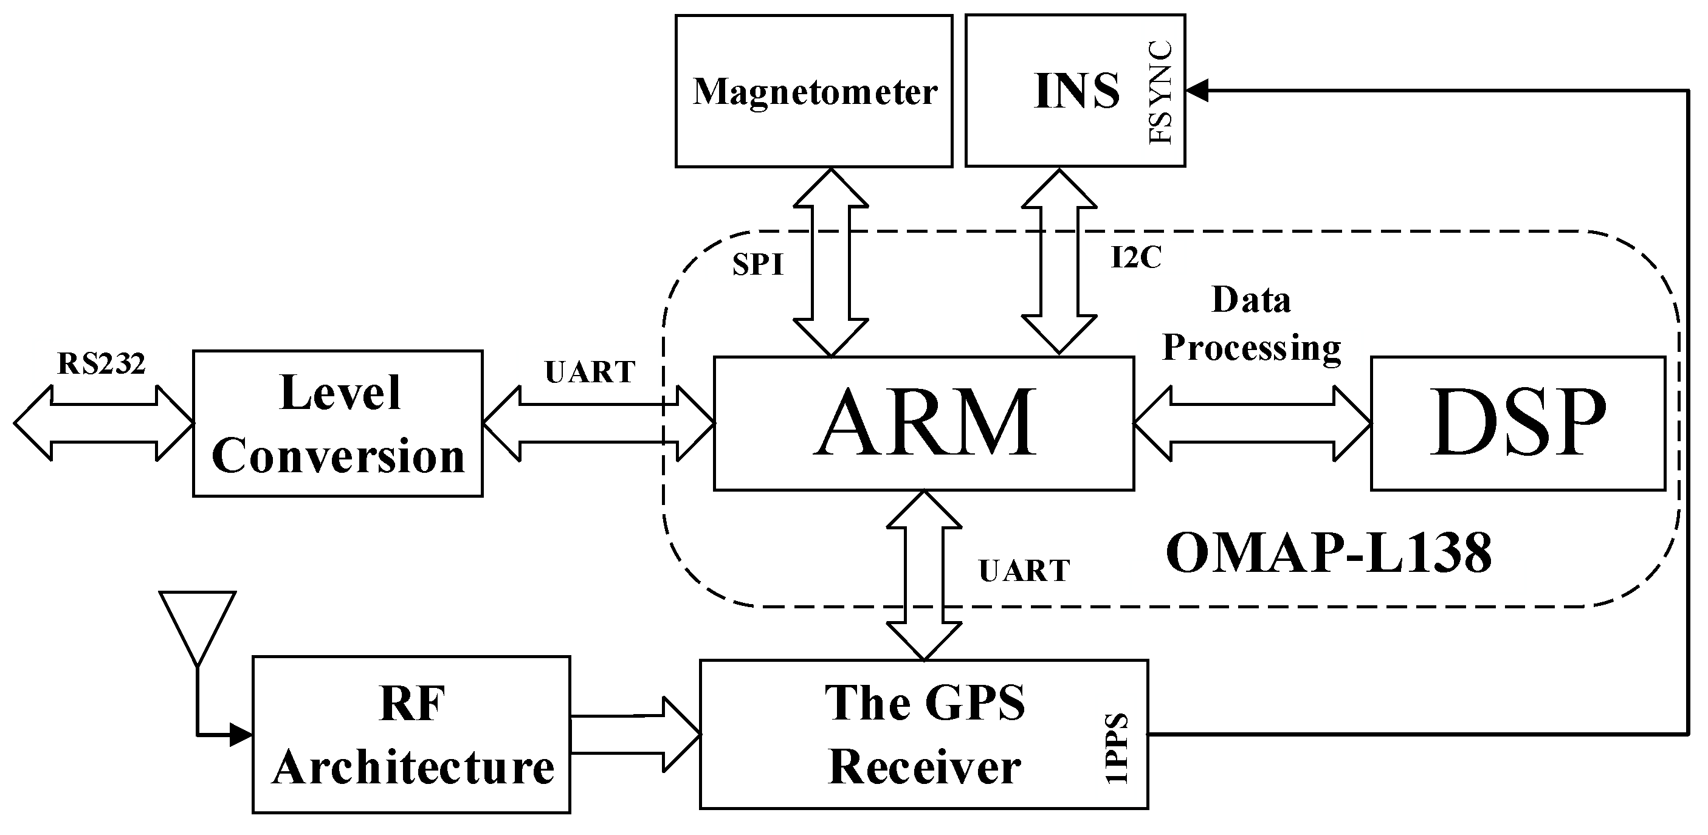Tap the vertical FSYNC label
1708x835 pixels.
(1160, 93)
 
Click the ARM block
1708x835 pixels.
(924, 424)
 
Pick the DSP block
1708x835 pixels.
(1517, 424)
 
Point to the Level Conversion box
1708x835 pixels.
(337, 424)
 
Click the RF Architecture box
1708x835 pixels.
(411, 735)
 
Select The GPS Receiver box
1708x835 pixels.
(924, 734)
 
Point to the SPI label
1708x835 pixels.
(758, 265)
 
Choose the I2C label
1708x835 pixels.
(1137, 257)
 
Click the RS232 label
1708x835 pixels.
(102, 364)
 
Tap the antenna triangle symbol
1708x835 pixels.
(198, 620)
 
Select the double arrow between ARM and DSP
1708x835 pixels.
(1252, 424)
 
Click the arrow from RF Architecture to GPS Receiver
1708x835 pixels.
(635, 734)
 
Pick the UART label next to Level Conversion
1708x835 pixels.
(590, 373)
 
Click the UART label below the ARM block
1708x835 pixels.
(1024, 571)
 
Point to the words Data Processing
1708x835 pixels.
(1252, 324)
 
